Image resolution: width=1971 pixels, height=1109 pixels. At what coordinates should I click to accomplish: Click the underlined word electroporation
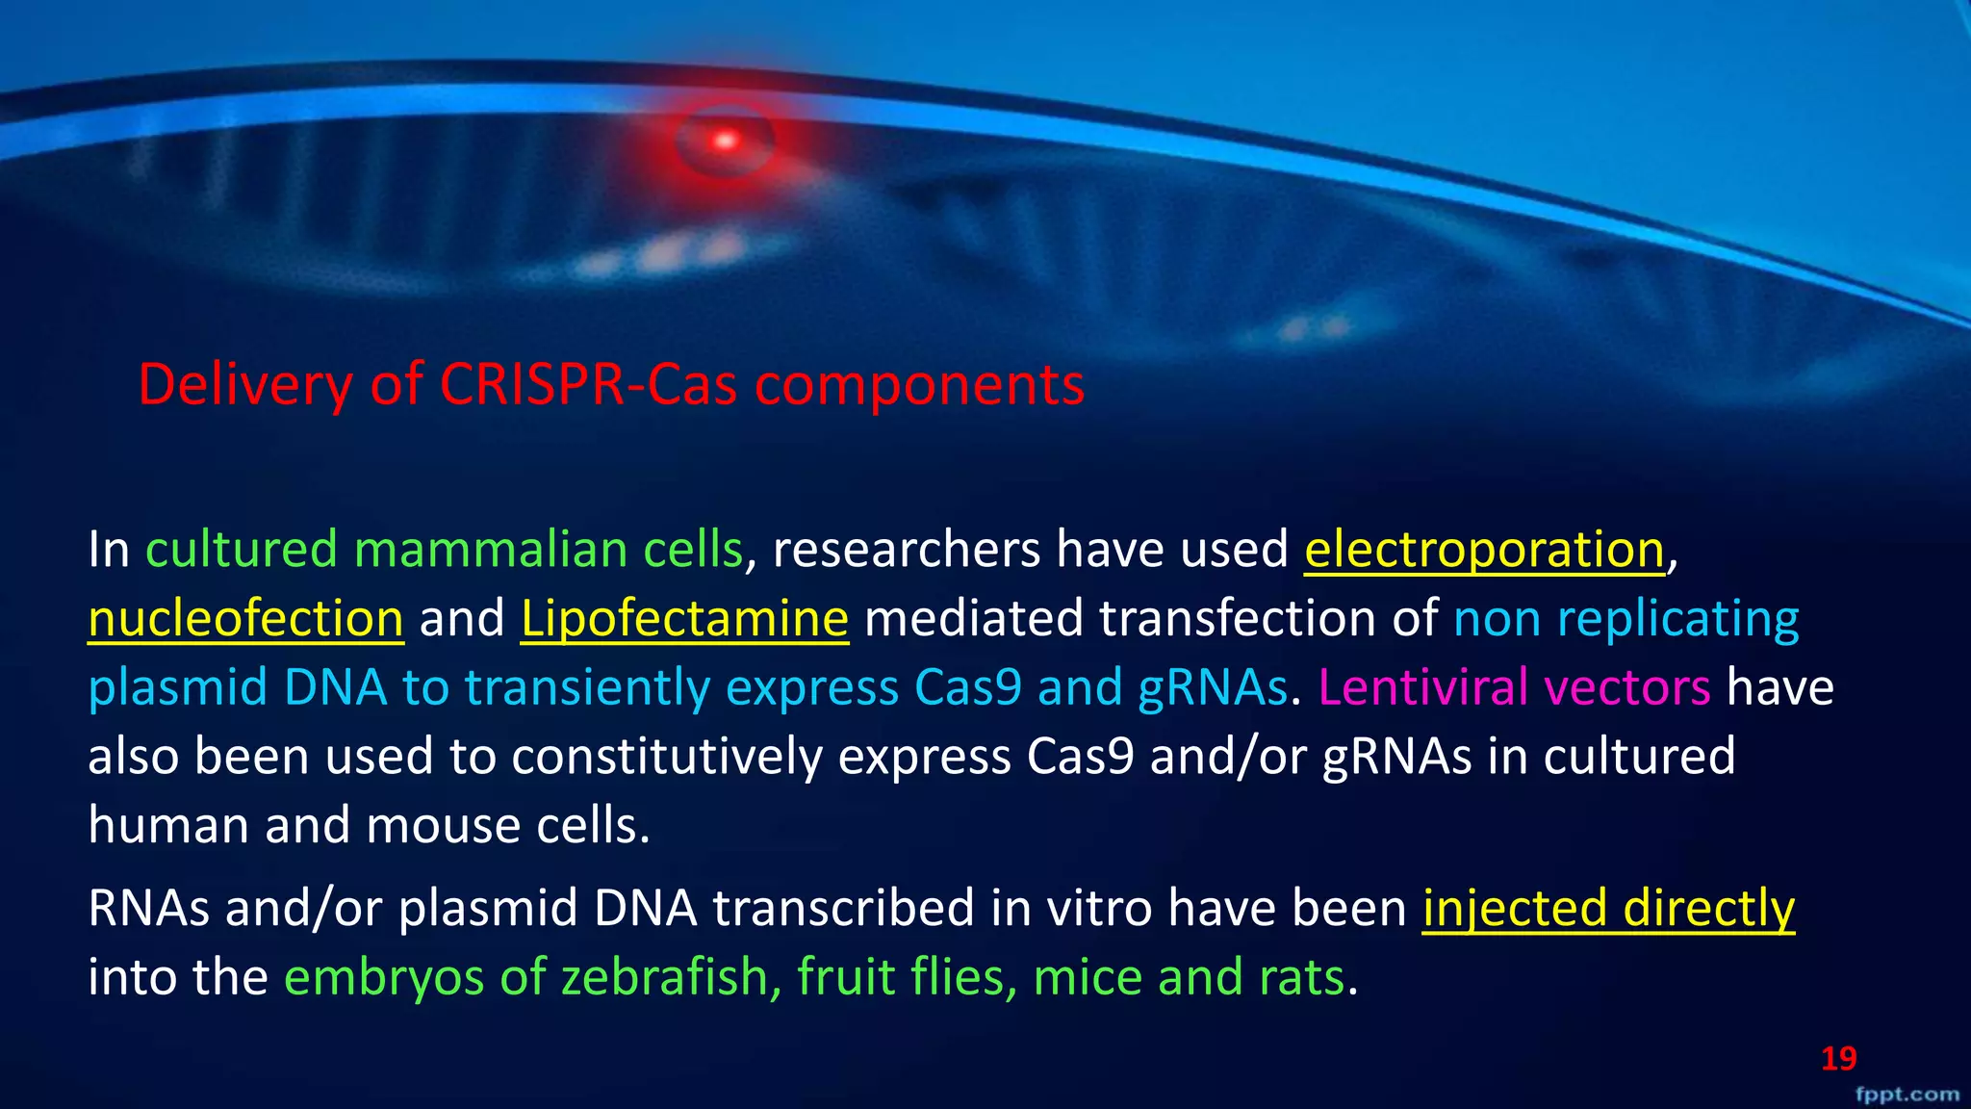pos(1484,550)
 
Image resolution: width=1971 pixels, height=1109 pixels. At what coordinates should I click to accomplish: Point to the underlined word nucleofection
pos(245,619)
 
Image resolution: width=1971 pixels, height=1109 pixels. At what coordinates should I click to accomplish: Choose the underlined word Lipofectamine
pos(684,619)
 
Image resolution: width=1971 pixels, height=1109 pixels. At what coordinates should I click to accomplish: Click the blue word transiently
pos(587,687)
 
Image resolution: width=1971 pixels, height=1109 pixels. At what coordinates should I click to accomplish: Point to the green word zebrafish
pos(664,977)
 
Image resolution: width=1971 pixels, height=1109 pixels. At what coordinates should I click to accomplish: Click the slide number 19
pos(1838,1059)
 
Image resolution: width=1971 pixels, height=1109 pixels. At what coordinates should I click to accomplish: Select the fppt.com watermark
pos(1907,1095)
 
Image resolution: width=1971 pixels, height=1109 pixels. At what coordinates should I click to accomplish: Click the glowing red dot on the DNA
pos(725,142)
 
